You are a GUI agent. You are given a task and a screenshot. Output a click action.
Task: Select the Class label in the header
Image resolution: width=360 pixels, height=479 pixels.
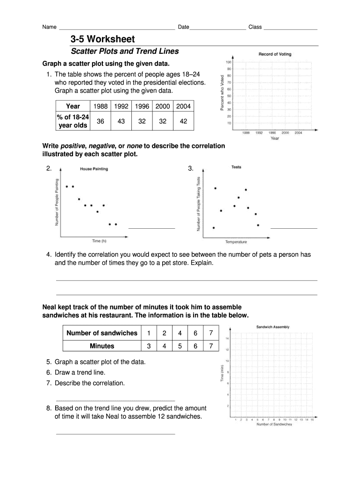click(255, 27)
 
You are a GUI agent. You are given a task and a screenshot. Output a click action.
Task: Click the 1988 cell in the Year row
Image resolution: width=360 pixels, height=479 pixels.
click(101, 106)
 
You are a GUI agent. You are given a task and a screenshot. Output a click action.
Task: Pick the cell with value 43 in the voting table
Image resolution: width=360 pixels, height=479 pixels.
click(121, 121)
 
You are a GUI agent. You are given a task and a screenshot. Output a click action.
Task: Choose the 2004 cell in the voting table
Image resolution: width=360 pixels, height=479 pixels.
click(184, 106)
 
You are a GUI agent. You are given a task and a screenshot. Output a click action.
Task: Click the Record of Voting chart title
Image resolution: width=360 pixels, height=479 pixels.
click(275, 54)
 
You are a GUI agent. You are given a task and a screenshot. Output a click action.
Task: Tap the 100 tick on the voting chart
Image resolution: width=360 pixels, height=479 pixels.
click(229, 62)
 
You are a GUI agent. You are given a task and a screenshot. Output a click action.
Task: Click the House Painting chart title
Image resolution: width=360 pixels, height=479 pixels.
click(94, 169)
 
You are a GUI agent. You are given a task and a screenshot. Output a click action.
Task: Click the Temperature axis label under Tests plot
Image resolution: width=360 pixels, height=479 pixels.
click(236, 242)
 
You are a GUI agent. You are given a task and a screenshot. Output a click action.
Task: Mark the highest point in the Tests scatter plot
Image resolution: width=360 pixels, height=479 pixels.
click(215, 188)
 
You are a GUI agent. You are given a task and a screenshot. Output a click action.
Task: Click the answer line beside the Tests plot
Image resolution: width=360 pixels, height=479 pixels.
click(294, 228)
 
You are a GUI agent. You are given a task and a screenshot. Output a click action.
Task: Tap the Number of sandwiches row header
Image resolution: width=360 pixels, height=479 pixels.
click(102, 333)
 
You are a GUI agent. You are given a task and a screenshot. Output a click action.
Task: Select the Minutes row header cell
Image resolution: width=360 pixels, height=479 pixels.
click(102, 346)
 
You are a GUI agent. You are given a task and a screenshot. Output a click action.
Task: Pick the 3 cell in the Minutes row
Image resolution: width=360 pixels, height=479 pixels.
click(149, 346)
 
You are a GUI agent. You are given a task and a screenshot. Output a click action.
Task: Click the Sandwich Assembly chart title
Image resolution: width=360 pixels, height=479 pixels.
click(273, 327)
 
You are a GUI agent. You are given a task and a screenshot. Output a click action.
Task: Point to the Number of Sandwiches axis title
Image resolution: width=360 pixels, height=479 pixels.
click(274, 424)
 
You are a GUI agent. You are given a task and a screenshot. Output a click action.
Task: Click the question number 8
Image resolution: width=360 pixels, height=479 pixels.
click(49, 408)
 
